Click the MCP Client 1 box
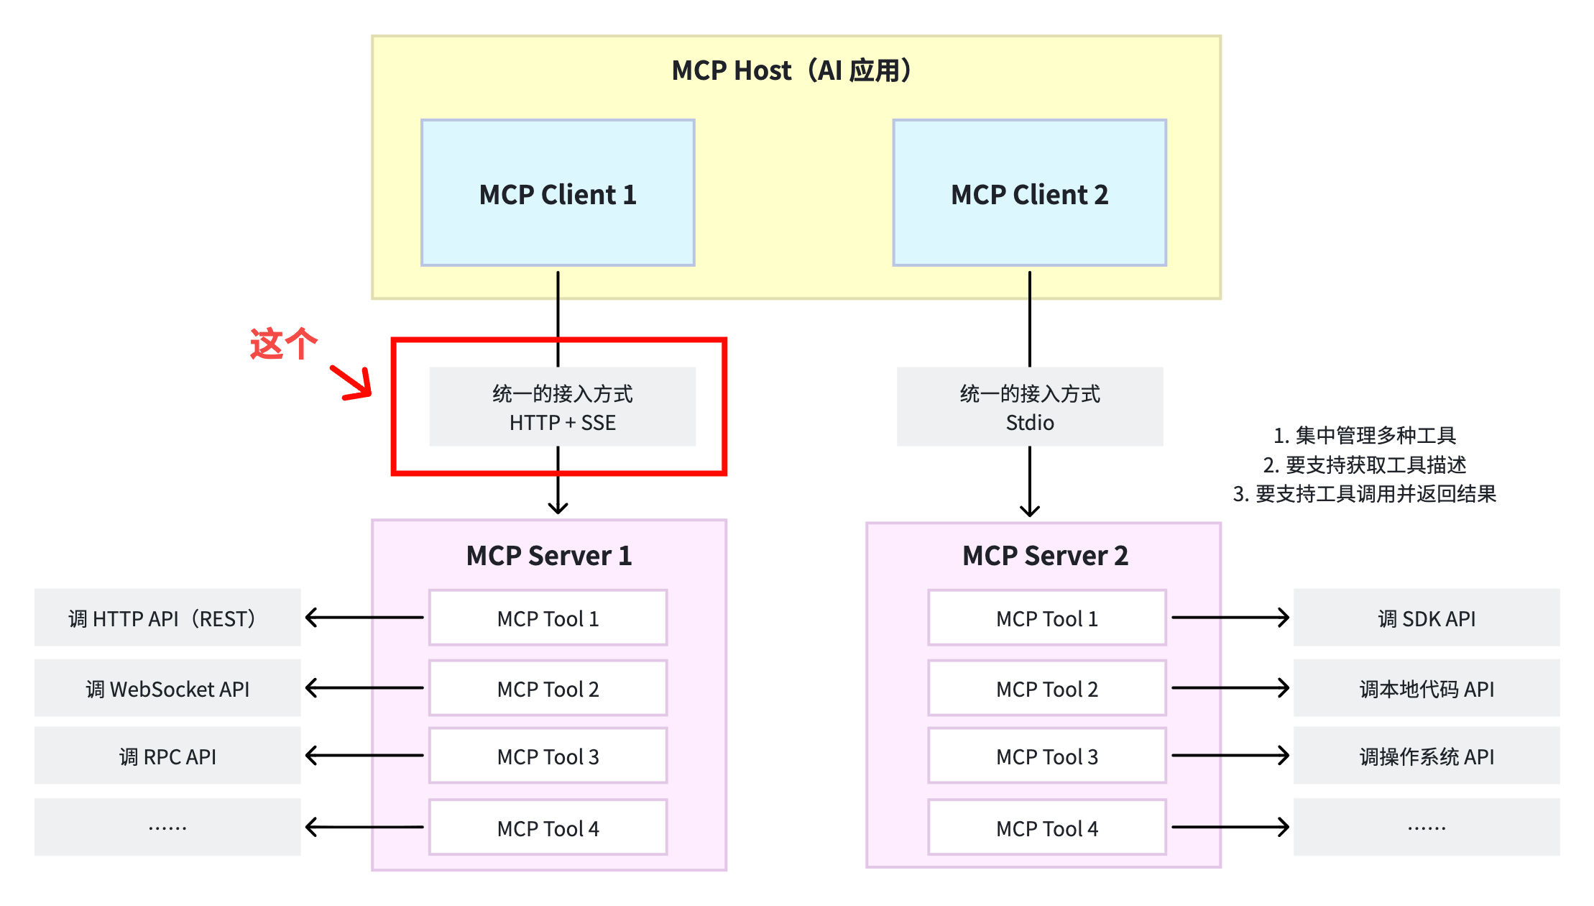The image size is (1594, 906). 558,193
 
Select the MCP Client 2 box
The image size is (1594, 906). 1029,193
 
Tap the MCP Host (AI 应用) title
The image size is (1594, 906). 793,70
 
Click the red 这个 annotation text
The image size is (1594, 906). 283,343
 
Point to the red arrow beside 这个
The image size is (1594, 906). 351,383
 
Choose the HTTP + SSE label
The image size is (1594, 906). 563,423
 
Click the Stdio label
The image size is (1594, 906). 1030,423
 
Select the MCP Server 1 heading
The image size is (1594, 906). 549,556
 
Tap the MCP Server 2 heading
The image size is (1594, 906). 1045,556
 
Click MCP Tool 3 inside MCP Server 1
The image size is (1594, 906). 548,756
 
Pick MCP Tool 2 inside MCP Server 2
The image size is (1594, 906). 1047,688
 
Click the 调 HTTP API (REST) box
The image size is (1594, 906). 167,618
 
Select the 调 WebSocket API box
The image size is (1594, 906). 167,688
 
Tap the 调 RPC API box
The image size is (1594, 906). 167,756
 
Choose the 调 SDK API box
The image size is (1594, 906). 1427,618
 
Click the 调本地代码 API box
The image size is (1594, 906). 1427,688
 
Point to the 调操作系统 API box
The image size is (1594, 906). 1427,756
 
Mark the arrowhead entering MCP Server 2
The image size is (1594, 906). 1030,512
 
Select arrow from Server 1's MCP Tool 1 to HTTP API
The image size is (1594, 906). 364,617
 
